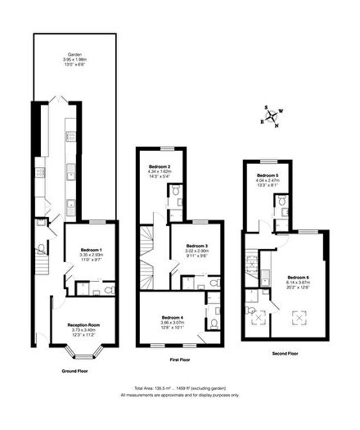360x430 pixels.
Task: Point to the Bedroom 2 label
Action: click(159, 166)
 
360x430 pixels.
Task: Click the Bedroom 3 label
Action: click(196, 246)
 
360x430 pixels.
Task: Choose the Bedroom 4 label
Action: click(172, 316)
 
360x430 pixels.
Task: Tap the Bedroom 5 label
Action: click(268, 175)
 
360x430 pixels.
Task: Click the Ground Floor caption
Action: click(79, 370)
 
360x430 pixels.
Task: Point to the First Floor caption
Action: click(179, 360)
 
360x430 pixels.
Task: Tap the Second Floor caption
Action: click(285, 353)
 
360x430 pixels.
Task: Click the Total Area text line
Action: click(180, 387)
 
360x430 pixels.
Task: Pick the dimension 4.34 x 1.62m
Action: click(159, 171)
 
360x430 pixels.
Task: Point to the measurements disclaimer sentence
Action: click(180, 394)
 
